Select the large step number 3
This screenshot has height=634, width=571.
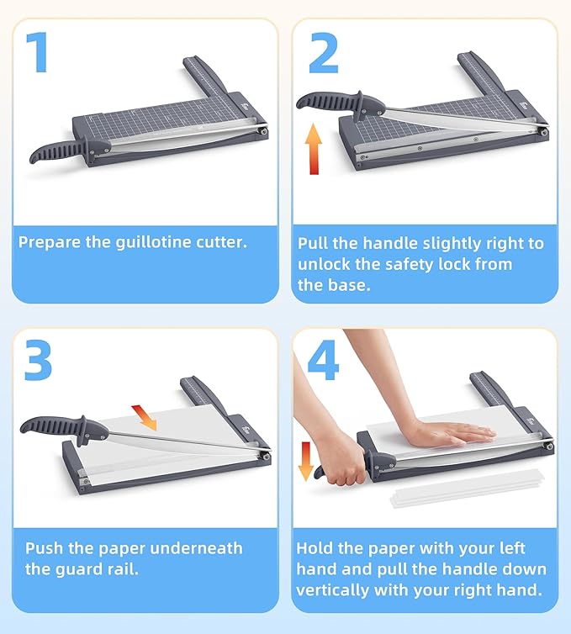[38, 359]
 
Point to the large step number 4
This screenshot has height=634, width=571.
[324, 359]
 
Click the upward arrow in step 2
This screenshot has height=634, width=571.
[314, 149]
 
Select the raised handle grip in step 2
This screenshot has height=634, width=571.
[328, 102]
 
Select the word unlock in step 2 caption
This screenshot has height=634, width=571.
[324, 265]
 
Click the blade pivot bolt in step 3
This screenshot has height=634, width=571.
[263, 457]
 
